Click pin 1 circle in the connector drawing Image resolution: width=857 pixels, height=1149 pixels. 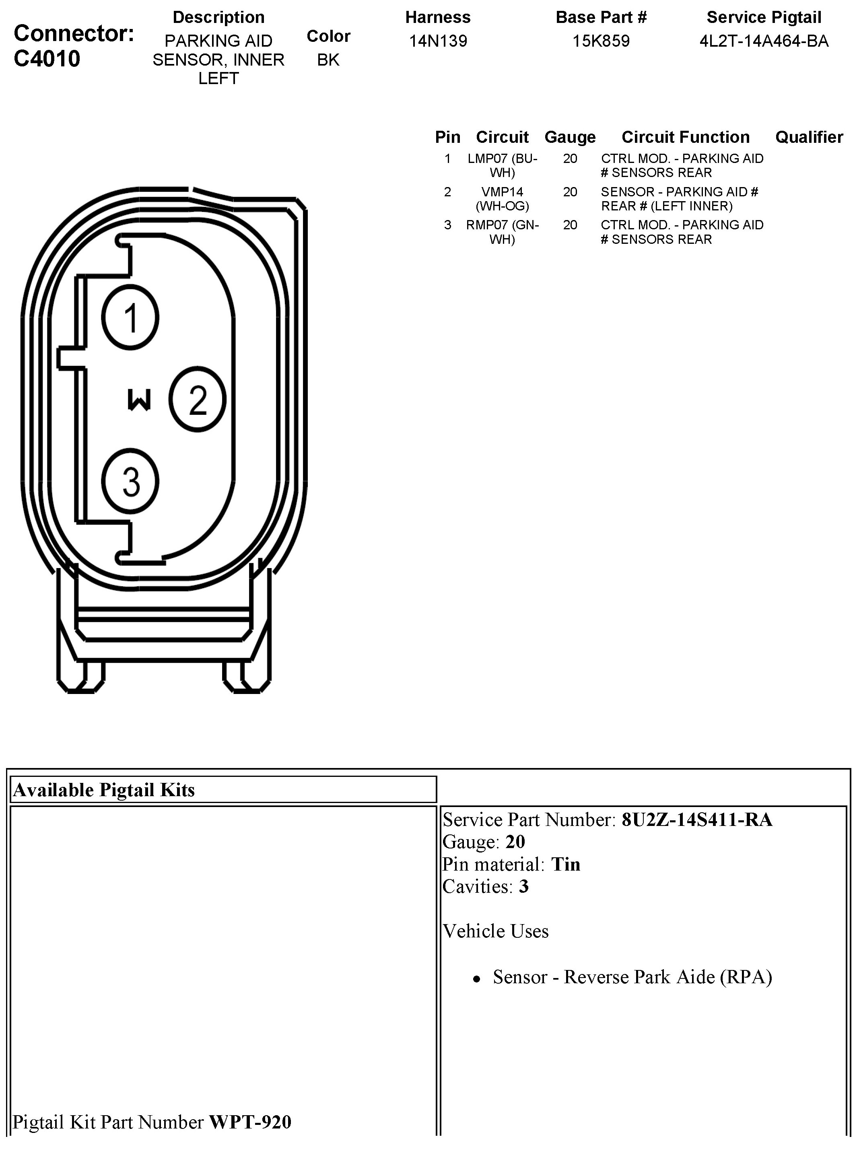pos(130,317)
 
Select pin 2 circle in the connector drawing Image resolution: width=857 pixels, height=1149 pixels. pos(197,399)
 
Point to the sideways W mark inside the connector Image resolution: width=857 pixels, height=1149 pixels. pos(139,400)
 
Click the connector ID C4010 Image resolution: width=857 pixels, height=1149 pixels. pos(47,59)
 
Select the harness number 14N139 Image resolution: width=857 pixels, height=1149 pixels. pos(438,41)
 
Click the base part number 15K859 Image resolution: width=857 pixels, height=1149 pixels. pos(601,41)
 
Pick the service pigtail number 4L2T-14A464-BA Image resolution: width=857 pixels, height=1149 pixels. pos(764,41)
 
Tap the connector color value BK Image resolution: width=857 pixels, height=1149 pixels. pos(328,60)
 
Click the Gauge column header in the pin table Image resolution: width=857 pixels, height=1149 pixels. pos(570,137)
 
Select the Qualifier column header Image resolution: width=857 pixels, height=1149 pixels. pos(809,137)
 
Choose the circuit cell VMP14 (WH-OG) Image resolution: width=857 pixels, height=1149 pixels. pos(502,199)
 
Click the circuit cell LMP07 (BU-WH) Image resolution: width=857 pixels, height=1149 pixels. pos(502,165)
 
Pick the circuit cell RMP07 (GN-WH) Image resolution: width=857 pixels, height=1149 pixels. pos(502,232)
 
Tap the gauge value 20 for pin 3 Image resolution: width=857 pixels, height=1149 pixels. pos(570,224)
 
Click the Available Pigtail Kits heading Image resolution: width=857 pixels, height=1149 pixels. pos(104,789)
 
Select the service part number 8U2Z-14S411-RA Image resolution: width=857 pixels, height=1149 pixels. pos(697,820)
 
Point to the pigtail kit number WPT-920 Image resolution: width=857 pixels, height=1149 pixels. pos(250,1122)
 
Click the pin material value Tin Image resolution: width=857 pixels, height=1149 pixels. pos(565,864)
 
